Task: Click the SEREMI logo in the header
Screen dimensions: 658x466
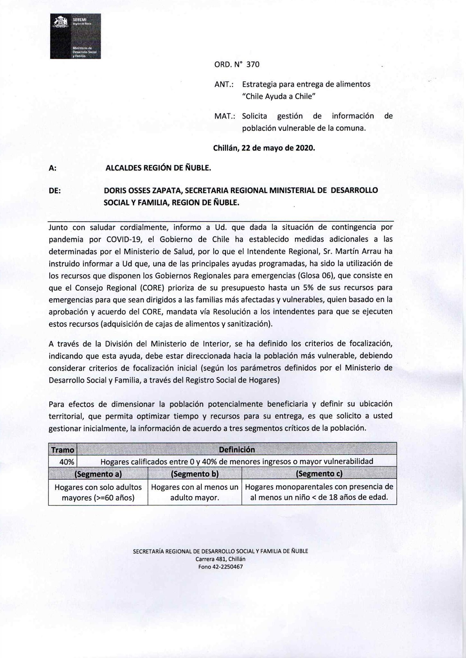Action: click(75, 36)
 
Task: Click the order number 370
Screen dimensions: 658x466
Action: click(253, 65)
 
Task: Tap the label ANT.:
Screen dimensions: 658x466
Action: click(224, 84)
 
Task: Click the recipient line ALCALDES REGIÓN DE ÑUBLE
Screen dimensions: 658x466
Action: click(158, 168)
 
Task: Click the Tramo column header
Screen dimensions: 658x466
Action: click(63, 450)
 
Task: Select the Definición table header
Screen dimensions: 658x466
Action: click(237, 449)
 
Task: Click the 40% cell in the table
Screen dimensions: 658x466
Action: click(67, 462)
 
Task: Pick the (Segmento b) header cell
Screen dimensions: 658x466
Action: click(194, 474)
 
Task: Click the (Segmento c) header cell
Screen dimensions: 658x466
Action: click(319, 474)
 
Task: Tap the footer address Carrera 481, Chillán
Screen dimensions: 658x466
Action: click(220, 559)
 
